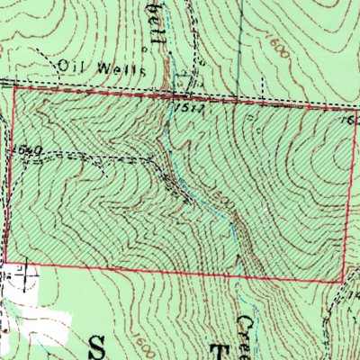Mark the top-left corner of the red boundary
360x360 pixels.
pos(13,86)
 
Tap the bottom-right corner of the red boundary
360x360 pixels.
pos(342,283)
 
